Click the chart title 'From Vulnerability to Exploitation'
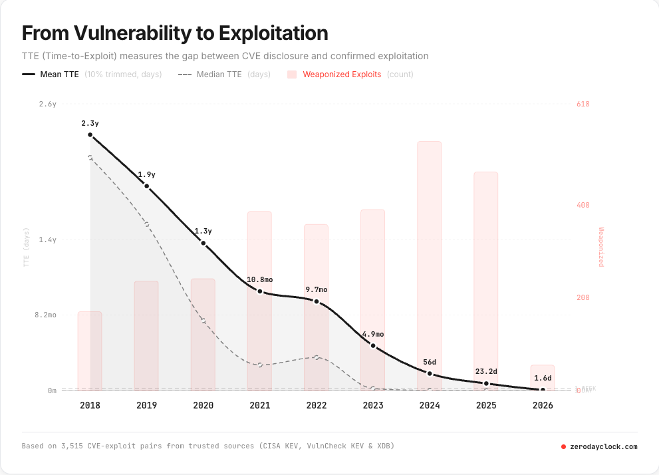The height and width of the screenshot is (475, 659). (x=175, y=33)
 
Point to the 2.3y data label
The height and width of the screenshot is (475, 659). (x=90, y=123)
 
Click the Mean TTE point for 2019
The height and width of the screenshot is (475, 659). (x=147, y=186)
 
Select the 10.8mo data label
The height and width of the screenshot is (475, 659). (x=260, y=279)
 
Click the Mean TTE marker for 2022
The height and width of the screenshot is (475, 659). (x=317, y=301)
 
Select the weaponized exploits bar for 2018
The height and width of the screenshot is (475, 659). (x=90, y=350)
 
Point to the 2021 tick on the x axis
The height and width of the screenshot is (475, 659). (x=259, y=404)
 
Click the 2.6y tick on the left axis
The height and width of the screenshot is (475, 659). (x=48, y=104)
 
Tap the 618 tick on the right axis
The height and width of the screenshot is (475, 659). (x=583, y=104)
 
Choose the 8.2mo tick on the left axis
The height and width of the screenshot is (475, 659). (x=45, y=315)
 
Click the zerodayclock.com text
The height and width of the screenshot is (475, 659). (x=603, y=446)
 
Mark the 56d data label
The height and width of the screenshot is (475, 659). (x=430, y=362)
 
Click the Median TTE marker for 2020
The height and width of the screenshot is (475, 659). (x=203, y=321)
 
